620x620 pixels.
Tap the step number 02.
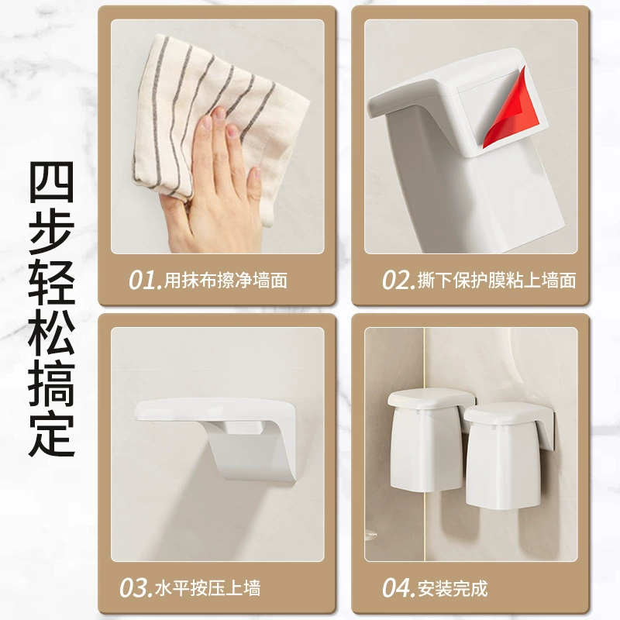point(398,280)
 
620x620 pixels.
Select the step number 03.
point(136,588)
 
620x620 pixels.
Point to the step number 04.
point(398,588)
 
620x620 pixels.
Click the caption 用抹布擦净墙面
point(226,280)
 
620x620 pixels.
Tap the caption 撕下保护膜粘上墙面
point(497,280)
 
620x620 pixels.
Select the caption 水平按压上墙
point(208,588)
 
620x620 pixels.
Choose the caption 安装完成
point(453,588)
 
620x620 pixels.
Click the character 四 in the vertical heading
point(52,182)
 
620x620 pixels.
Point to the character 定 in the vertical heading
point(52,435)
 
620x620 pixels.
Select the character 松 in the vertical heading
point(52,333)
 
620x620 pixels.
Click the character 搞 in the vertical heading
point(52,384)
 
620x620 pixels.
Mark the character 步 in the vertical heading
point(52,232)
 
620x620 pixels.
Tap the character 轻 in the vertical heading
point(52,283)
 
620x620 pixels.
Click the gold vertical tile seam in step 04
point(424,445)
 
